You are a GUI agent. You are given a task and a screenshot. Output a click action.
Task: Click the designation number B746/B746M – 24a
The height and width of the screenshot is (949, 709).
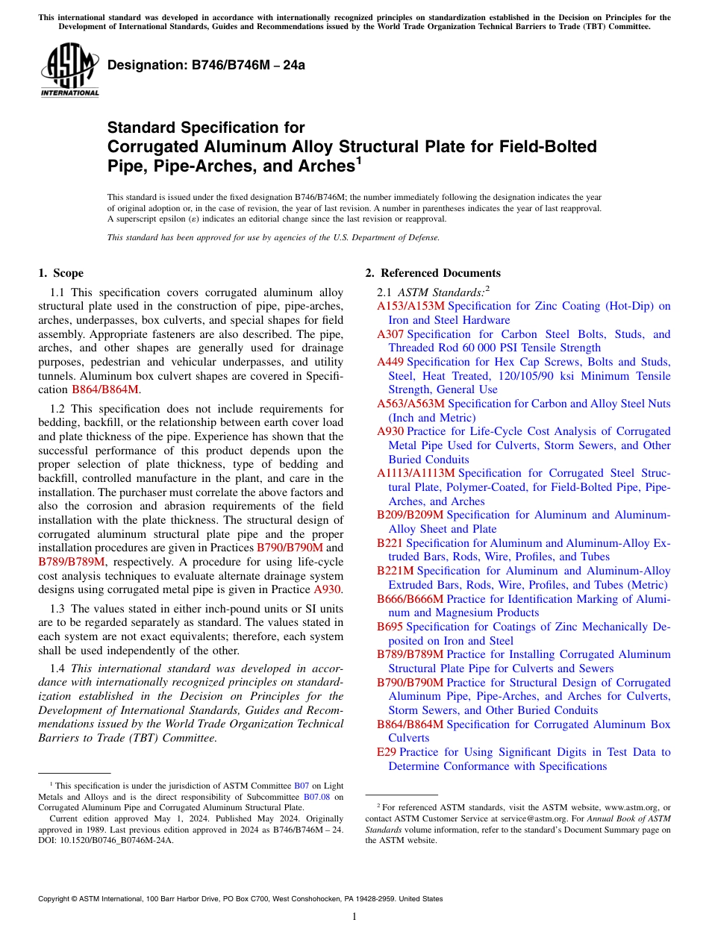pyautogui.click(x=207, y=65)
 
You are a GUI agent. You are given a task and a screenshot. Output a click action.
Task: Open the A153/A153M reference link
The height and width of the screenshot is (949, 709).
pyautogui.click(x=411, y=306)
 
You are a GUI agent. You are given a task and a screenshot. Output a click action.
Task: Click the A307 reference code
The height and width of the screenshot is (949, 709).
pyautogui.click(x=390, y=334)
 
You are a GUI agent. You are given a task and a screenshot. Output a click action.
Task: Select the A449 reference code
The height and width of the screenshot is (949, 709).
pyautogui.click(x=390, y=362)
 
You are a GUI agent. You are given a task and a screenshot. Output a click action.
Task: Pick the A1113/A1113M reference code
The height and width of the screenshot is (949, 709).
pyautogui.click(x=416, y=473)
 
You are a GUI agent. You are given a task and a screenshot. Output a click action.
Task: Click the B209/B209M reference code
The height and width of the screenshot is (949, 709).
pyautogui.click(x=410, y=515)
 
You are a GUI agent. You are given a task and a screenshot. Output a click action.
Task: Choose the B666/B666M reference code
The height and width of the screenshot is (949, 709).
pyautogui.click(x=410, y=599)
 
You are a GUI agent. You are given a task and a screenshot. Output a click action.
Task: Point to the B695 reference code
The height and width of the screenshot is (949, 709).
pyautogui.click(x=390, y=627)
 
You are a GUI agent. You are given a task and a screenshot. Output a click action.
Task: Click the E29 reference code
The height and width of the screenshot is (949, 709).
pyautogui.click(x=387, y=752)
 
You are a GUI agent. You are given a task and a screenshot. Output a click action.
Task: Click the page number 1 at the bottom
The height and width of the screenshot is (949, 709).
pyautogui.click(x=354, y=917)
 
